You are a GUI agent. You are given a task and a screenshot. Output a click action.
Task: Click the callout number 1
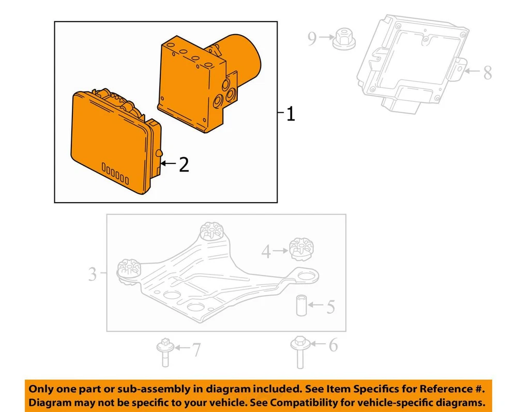(x=291, y=114)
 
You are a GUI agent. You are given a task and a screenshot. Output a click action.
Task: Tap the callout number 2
(x=184, y=164)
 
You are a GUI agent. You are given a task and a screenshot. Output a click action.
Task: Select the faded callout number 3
(x=93, y=274)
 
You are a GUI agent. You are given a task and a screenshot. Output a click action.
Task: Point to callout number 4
(x=266, y=252)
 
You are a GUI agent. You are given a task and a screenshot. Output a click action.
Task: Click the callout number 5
(x=330, y=307)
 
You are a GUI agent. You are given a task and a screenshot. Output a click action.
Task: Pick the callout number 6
(x=333, y=345)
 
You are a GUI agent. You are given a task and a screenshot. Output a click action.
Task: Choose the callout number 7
(x=197, y=349)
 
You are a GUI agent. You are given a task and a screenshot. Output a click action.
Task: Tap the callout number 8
(x=488, y=72)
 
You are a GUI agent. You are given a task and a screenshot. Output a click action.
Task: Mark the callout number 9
(x=312, y=38)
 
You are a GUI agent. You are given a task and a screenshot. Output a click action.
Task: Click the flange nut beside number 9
(x=344, y=39)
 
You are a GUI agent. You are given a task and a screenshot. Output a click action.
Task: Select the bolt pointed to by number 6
(x=299, y=352)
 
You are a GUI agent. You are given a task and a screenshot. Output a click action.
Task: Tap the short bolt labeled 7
(x=165, y=353)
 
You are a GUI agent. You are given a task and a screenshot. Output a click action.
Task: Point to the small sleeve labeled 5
(x=301, y=306)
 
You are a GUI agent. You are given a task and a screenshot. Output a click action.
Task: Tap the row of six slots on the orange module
(x=115, y=173)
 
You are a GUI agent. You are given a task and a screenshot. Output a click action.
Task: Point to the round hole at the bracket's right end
(x=307, y=276)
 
